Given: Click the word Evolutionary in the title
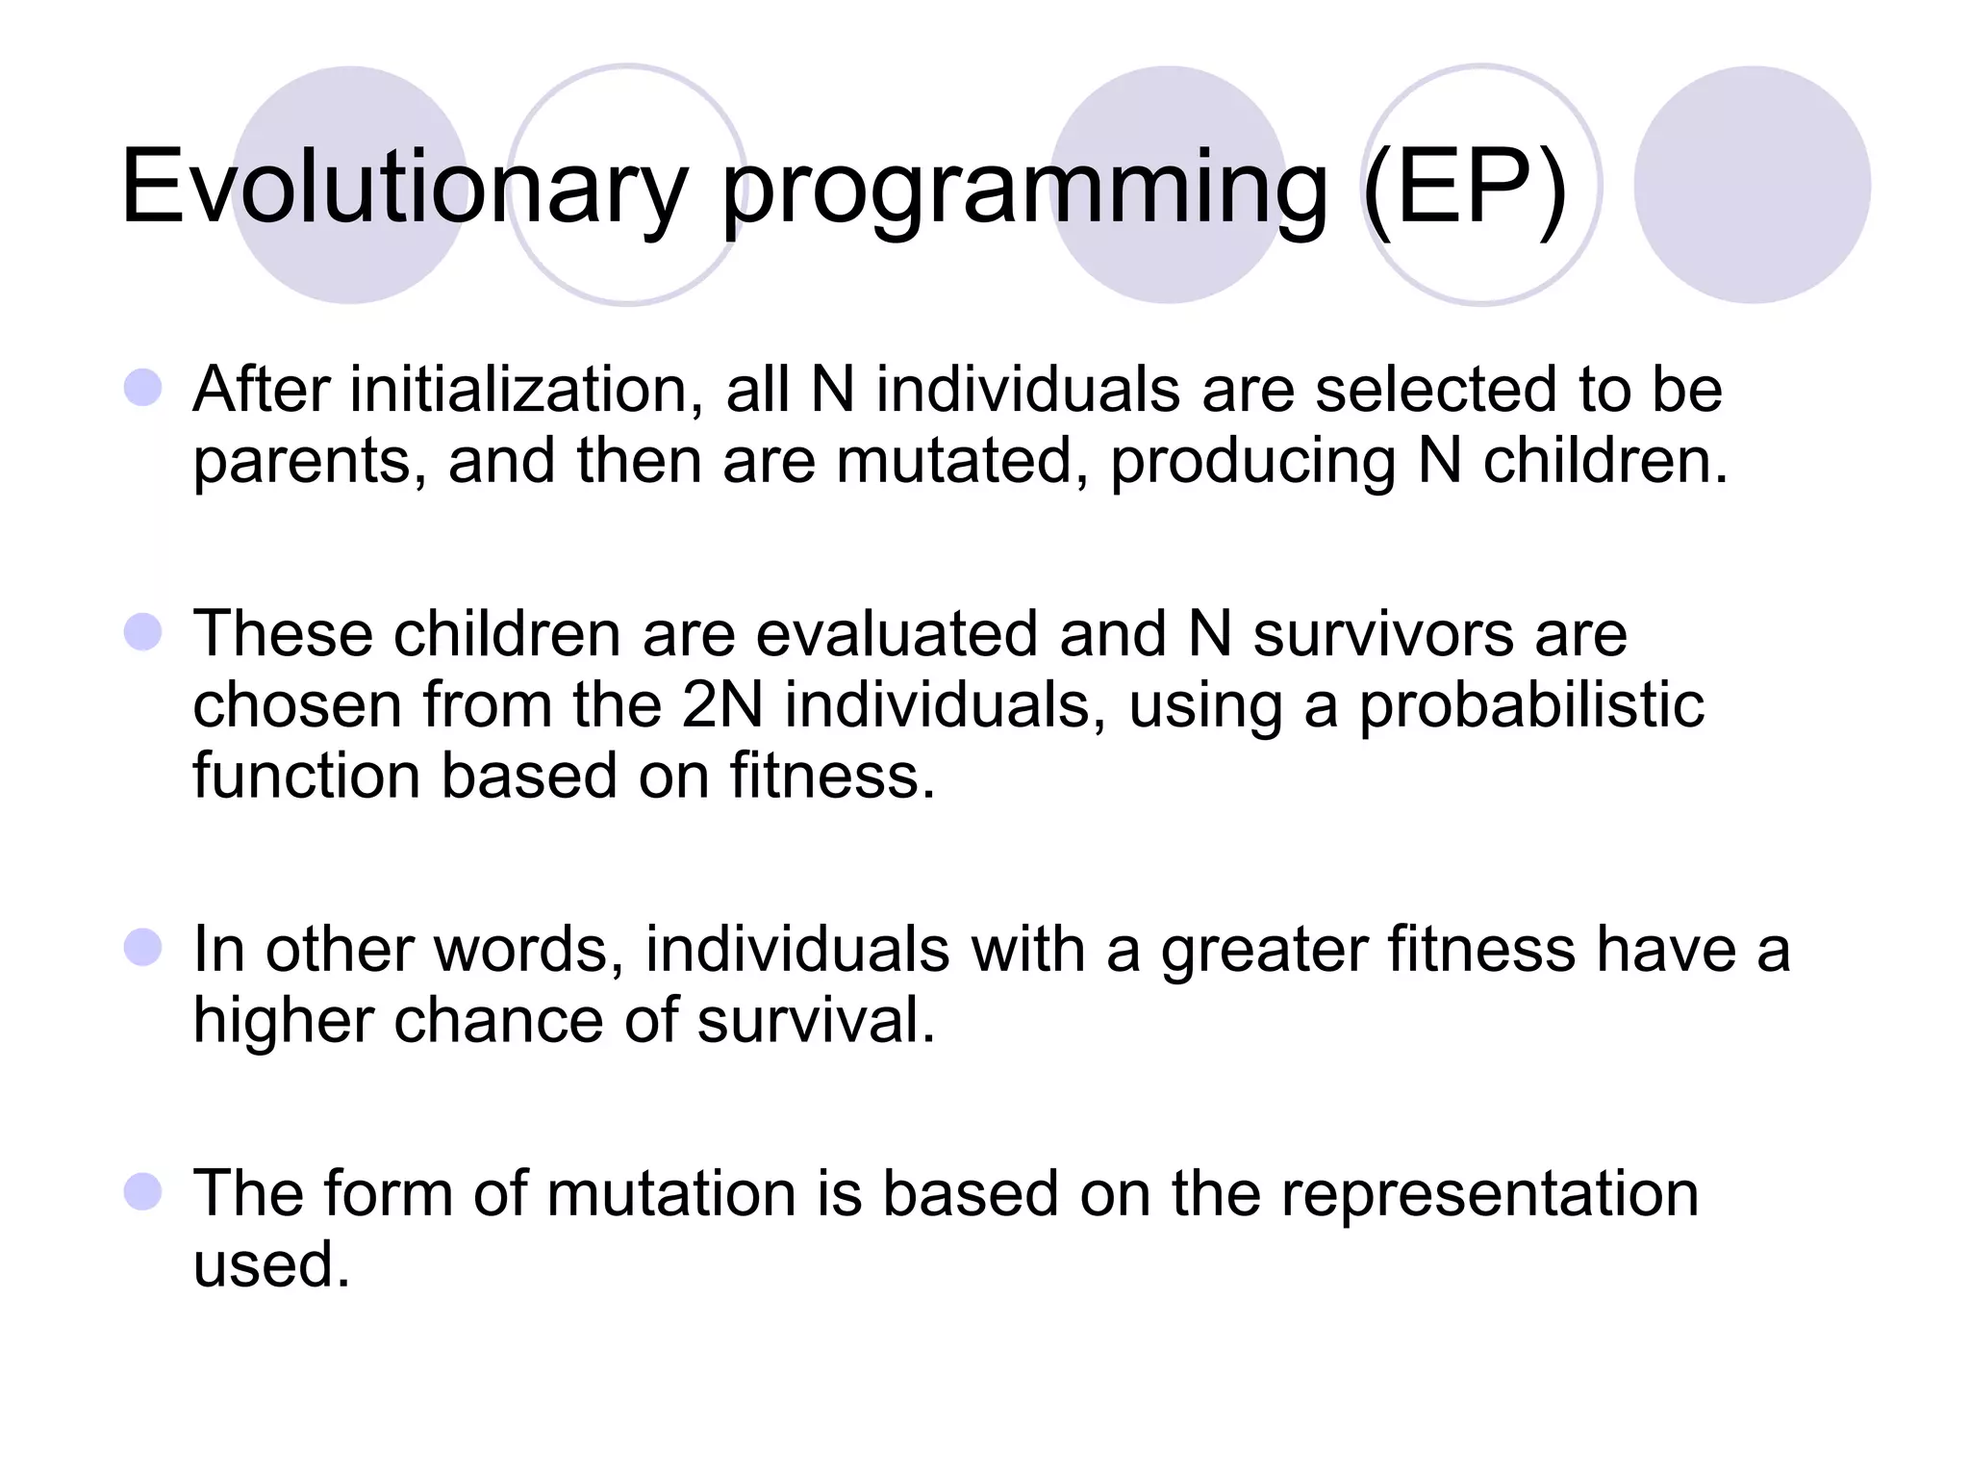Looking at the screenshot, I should pos(404,188).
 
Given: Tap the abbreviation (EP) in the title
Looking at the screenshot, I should pos(1465,188).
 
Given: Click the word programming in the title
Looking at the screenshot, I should pos(1024,192).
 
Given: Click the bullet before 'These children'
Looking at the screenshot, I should pos(143,632).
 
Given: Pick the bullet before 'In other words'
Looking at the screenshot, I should pos(143,947).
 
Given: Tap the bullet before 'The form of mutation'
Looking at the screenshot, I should pos(143,1191).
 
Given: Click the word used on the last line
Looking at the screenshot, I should pos(271,1264).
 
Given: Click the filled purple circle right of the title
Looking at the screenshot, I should pos(1752,185).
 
